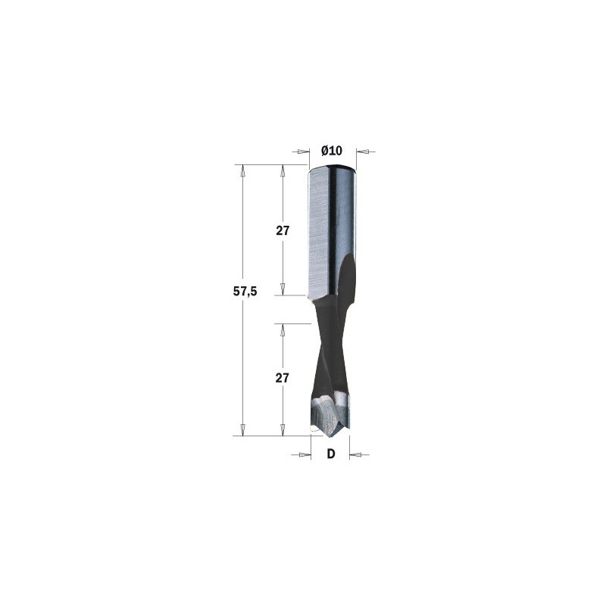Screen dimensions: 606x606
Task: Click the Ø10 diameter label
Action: click(332, 150)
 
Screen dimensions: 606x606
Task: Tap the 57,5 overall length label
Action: click(245, 292)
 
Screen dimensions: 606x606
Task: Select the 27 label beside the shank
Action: click(283, 231)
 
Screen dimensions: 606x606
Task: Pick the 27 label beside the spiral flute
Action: click(282, 377)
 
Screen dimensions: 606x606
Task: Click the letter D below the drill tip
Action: click(331, 454)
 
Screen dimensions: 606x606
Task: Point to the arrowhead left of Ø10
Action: click(305, 151)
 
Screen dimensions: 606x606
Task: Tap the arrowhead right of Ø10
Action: click(362, 151)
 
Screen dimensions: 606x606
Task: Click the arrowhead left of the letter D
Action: click(305, 455)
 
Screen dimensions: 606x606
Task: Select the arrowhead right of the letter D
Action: click(355, 455)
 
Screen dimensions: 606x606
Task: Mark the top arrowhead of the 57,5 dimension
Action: click(242, 171)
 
